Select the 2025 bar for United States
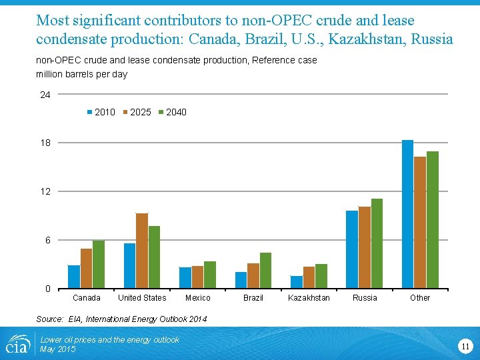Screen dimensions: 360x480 (142, 251)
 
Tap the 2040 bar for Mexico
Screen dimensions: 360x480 (210, 275)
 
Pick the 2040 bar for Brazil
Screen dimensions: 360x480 (266, 271)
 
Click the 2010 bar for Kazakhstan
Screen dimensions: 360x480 (297, 282)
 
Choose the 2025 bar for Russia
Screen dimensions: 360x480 (365, 247)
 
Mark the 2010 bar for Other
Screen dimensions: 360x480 (408, 214)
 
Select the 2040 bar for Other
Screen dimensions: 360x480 (433, 220)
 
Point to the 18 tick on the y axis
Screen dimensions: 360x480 (45, 143)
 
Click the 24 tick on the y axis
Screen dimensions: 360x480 (45, 95)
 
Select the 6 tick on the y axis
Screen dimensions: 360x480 (47, 240)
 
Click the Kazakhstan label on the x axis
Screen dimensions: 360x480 (309, 298)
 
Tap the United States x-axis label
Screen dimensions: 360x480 (142, 298)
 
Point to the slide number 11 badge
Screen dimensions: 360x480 (465, 345)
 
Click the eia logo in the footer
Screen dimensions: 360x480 (17, 344)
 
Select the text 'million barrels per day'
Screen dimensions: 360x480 (81, 74)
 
